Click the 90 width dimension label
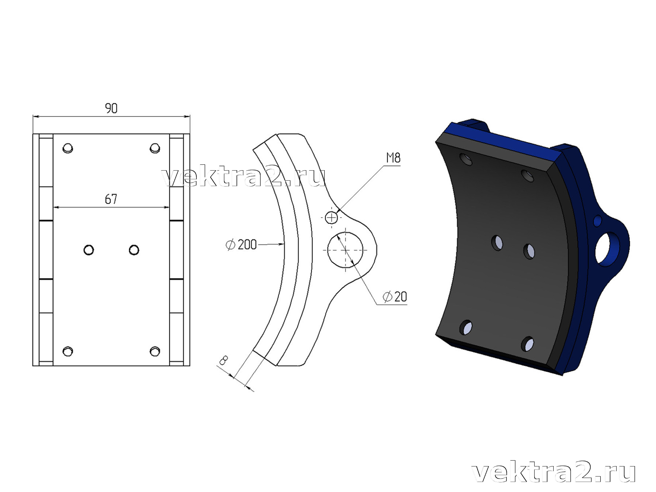[x=111, y=108]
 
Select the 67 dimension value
[x=111, y=199]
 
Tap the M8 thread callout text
[x=393, y=158]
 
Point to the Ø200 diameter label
[x=241, y=245]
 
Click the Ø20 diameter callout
[x=395, y=297]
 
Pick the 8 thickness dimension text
[x=223, y=361]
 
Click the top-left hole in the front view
[x=68, y=148]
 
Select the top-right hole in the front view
[x=155, y=148]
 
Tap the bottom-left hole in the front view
[x=68, y=351]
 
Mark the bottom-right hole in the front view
[x=155, y=351]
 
